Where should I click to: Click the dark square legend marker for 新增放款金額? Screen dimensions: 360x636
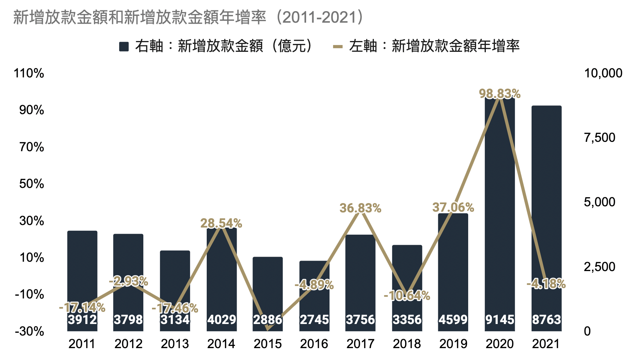(x=124, y=46)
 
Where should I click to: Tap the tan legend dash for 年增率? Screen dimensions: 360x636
(x=337, y=46)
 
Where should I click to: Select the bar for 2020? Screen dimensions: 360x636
(x=500, y=216)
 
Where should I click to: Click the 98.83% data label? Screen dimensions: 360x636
(x=500, y=94)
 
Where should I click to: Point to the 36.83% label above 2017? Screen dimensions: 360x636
(x=360, y=208)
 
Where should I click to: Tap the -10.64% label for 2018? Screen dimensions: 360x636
(x=407, y=296)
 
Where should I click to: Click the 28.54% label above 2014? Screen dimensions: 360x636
(x=221, y=223)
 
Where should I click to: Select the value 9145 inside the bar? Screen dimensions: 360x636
(x=500, y=319)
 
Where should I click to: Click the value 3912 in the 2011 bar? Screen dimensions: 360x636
(x=82, y=319)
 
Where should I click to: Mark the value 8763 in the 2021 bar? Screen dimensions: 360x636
(x=546, y=319)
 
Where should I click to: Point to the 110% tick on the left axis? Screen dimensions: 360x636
(x=29, y=73)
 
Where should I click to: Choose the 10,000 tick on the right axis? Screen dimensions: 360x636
(x=603, y=73)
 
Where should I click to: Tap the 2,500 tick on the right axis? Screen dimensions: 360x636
(x=599, y=267)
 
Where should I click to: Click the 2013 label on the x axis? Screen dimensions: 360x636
(x=175, y=344)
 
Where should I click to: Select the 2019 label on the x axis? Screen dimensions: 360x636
(x=453, y=344)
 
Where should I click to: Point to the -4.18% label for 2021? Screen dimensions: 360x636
(x=546, y=284)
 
